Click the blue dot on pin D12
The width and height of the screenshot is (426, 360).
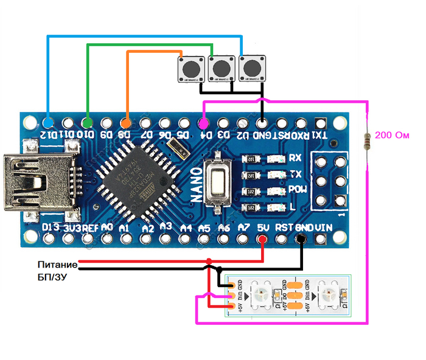49,122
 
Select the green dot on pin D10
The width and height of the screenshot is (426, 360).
88,122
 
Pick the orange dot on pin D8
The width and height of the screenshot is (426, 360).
127,122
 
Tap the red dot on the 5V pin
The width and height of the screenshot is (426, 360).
262,239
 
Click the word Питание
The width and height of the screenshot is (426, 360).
57,265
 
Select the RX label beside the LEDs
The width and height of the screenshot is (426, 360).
295,158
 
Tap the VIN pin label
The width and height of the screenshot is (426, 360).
324,227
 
